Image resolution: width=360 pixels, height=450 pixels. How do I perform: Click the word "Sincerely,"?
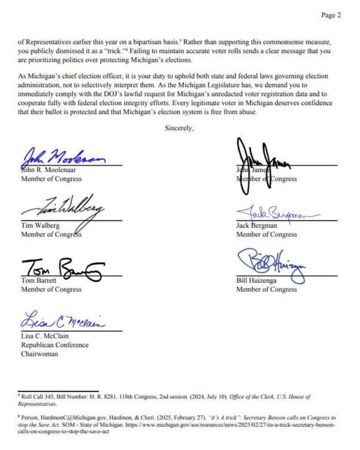point(179,128)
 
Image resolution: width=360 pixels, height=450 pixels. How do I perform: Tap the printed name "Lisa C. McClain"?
point(45,337)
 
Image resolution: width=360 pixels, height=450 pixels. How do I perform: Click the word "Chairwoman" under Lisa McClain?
point(40,354)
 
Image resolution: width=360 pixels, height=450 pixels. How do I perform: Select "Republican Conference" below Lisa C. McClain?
point(54,345)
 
